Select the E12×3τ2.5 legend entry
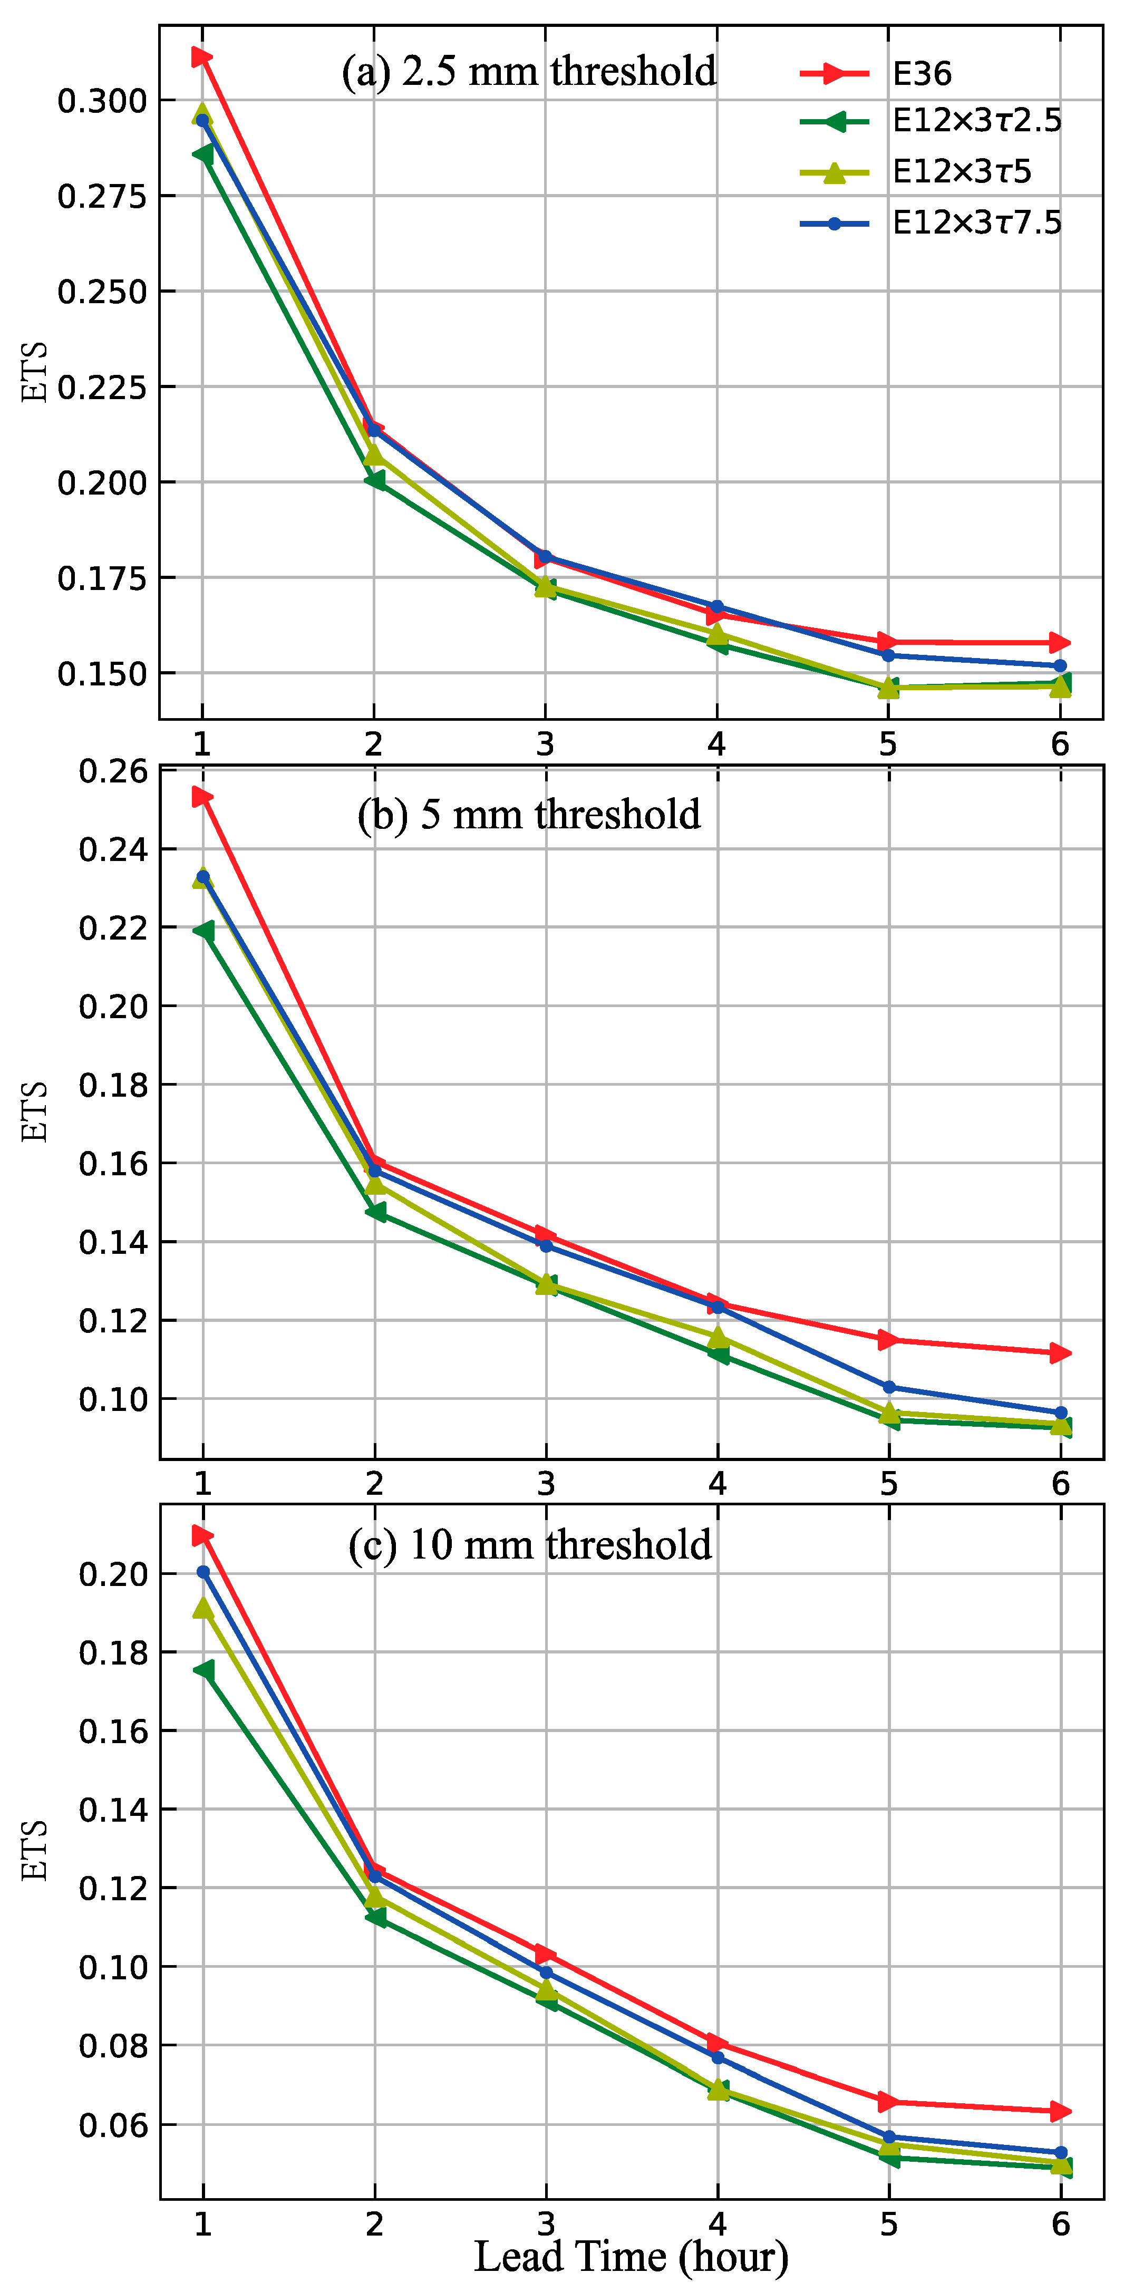point(976,121)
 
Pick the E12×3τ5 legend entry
point(961,172)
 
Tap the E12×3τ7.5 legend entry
point(976,223)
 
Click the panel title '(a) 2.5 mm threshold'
point(529,71)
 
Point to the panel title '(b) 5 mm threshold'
point(529,814)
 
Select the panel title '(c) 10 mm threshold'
point(529,1545)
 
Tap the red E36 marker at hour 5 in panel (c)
point(888,2102)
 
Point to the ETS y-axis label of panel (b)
point(34,1111)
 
